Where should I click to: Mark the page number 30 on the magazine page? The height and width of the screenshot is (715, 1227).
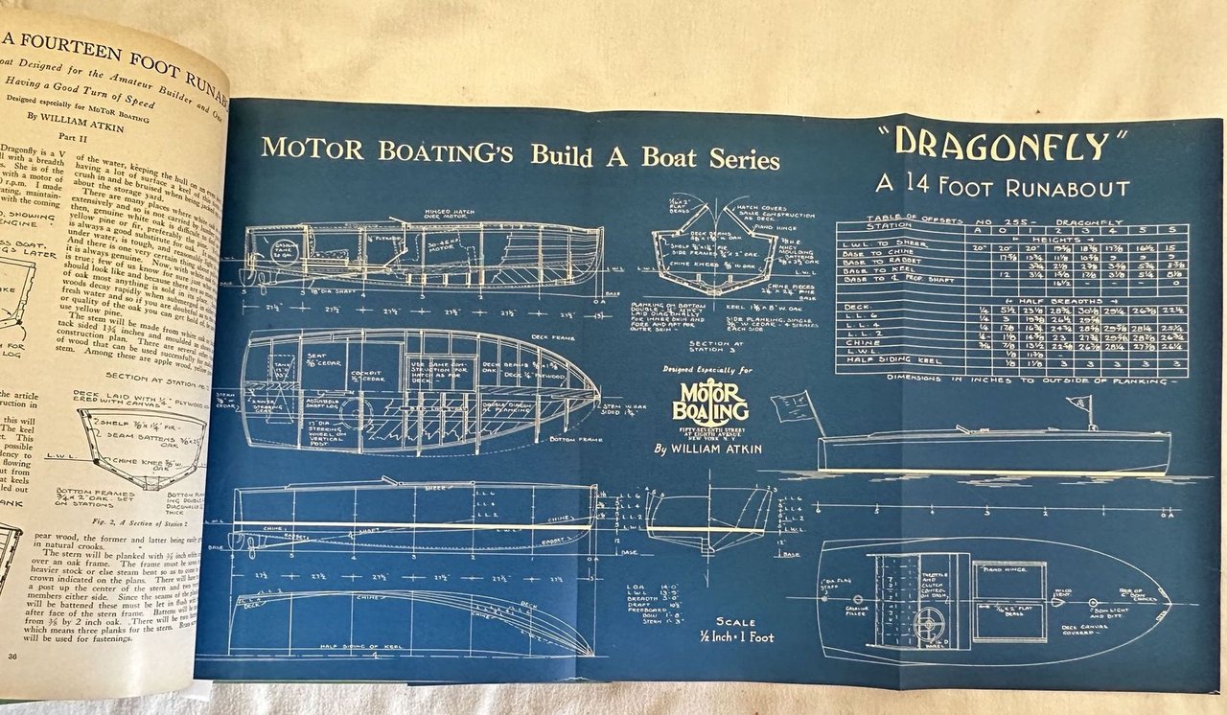tap(14, 656)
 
